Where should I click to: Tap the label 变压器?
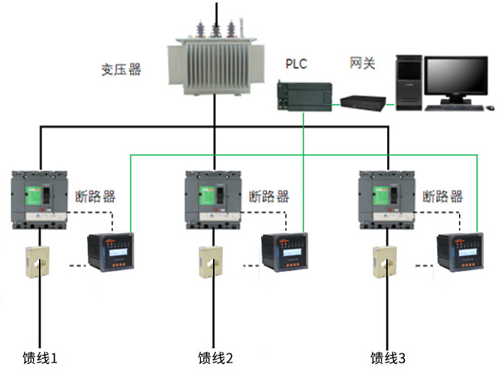coord(121,70)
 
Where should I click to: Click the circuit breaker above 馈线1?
coord(41,198)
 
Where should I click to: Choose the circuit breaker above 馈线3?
coord(388,198)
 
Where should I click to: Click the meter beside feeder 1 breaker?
coord(108,253)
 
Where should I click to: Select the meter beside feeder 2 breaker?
coord(283,253)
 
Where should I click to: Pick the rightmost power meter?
coord(457,253)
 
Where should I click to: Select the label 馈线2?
coord(216,357)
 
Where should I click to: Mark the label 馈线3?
coord(389,357)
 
